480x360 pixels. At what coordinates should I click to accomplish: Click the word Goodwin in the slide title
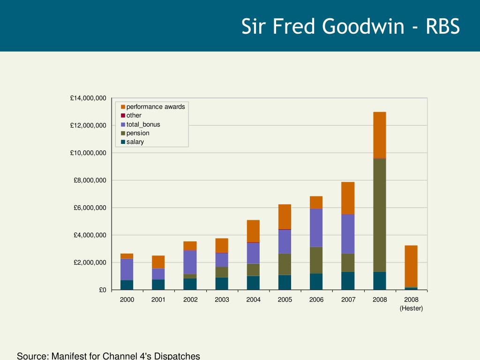pyautogui.click(x=363, y=26)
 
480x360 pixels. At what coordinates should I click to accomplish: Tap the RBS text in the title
pyautogui.click(x=442, y=26)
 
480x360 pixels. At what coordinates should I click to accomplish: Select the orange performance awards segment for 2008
pyautogui.click(x=380, y=135)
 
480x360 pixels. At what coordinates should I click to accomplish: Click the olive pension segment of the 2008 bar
pyautogui.click(x=380, y=215)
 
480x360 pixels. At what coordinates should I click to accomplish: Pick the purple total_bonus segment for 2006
pyautogui.click(x=316, y=228)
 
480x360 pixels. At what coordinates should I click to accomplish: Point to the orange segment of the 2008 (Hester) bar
pyautogui.click(x=411, y=266)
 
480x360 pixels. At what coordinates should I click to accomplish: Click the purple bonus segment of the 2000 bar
pyautogui.click(x=127, y=270)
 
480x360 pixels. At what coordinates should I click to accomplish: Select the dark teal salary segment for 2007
pyautogui.click(x=348, y=281)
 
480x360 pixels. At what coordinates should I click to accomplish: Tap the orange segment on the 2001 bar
pyautogui.click(x=158, y=262)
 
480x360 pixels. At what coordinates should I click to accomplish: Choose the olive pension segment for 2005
pyautogui.click(x=285, y=264)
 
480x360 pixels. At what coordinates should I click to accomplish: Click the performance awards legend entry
pyautogui.click(x=153, y=107)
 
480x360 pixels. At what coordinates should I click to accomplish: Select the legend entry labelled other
pyautogui.click(x=131, y=115)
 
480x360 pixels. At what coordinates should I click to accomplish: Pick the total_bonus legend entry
pyautogui.click(x=140, y=125)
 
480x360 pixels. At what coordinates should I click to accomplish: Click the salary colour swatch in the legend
pyautogui.click(x=123, y=142)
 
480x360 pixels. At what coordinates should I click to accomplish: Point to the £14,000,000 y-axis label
pyautogui.click(x=88, y=98)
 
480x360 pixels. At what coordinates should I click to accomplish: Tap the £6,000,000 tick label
pyautogui.click(x=90, y=208)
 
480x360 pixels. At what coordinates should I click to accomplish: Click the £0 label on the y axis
pyautogui.click(x=103, y=290)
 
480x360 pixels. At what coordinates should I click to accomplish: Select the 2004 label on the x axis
pyautogui.click(x=254, y=300)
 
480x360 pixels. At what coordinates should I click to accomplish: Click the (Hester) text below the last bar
pyautogui.click(x=411, y=308)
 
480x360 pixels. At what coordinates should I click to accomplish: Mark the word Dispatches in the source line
pyautogui.click(x=177, y=356)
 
